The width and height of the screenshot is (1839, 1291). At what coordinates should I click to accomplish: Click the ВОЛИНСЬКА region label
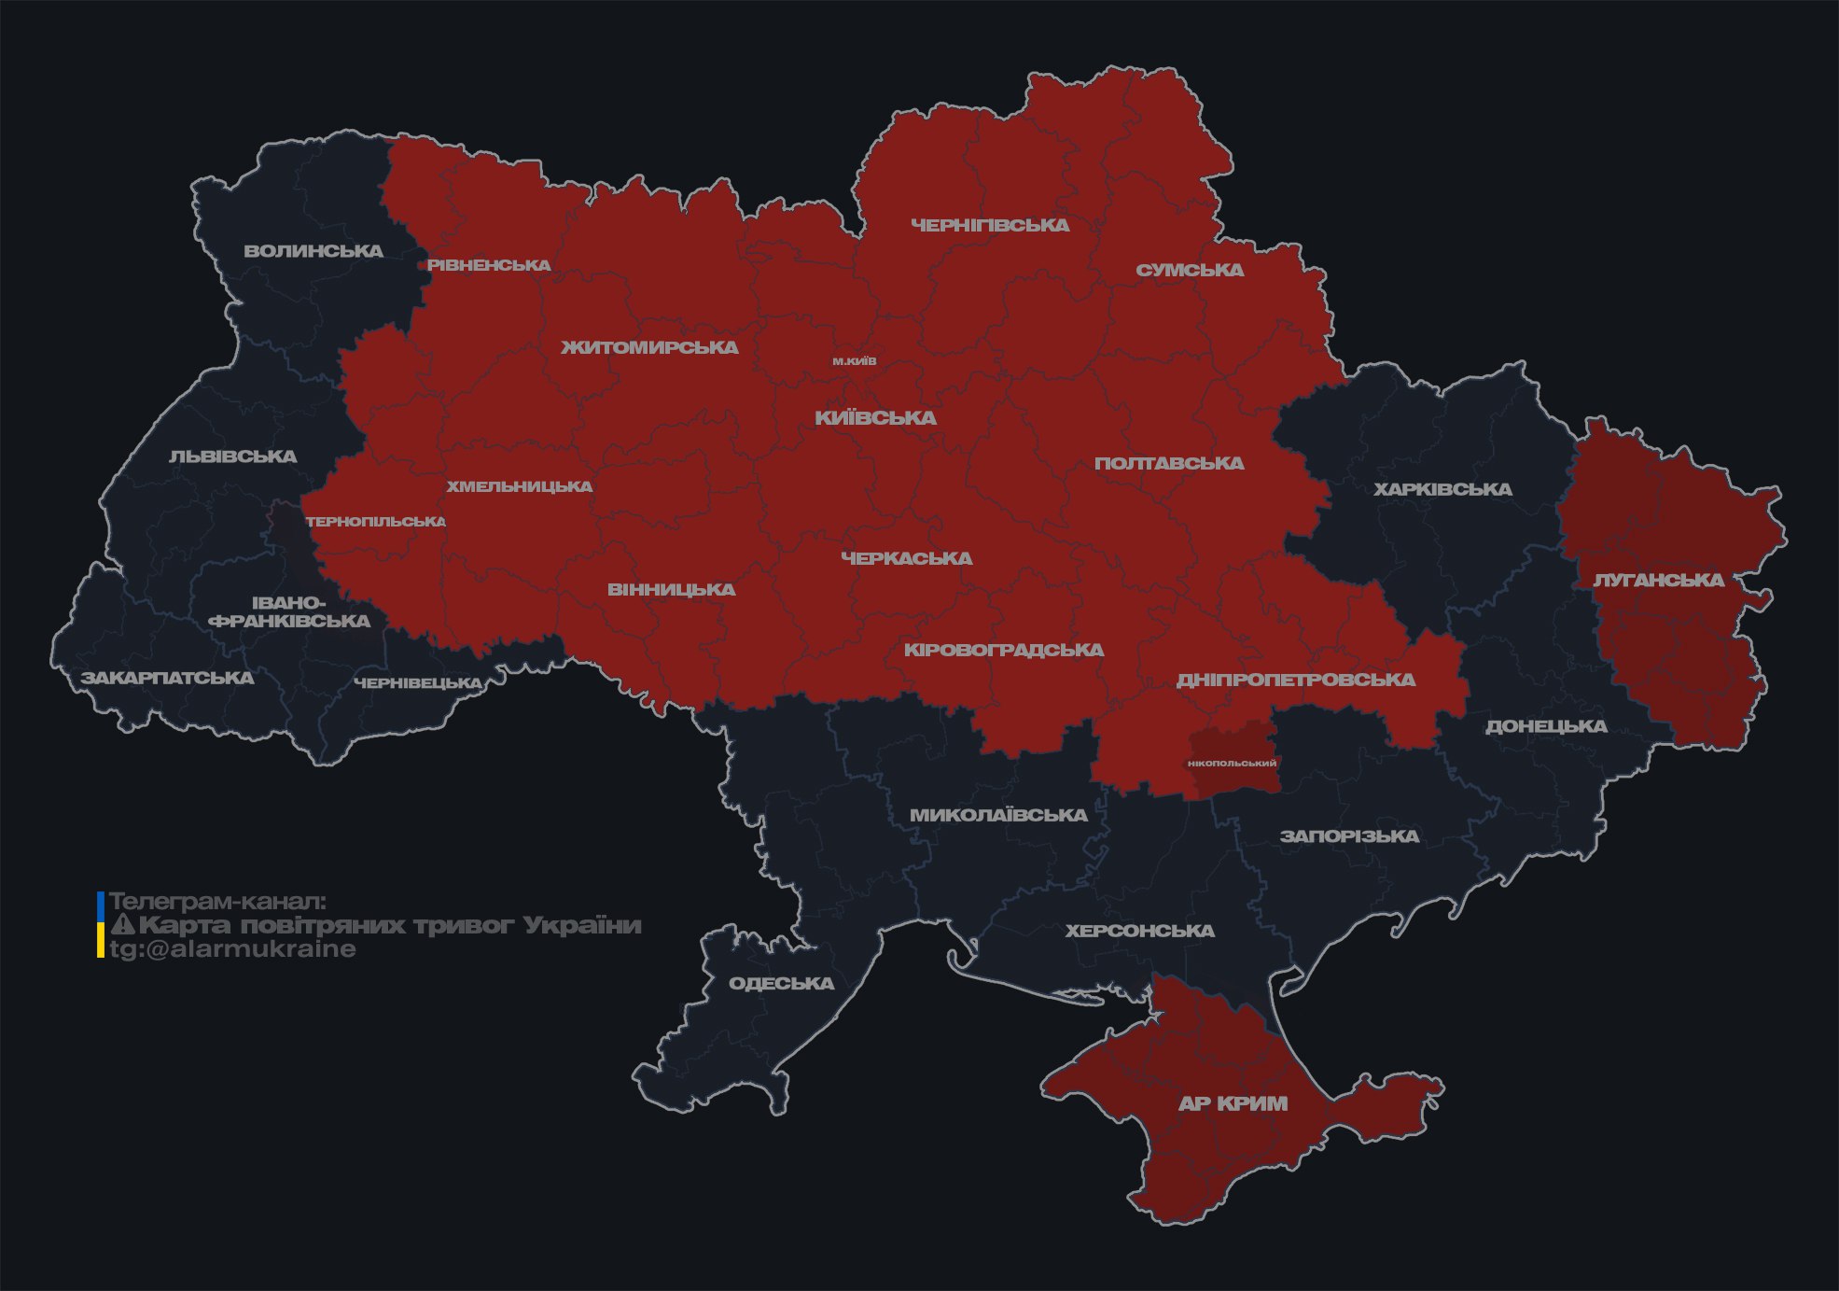(x=313, y=251)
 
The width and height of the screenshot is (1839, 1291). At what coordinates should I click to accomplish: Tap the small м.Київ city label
(x=855, y=361)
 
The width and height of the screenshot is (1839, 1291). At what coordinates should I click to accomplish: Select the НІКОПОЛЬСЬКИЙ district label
(x=1232, y=764)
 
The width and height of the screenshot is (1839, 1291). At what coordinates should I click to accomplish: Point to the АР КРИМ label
(x=1233, y=1103)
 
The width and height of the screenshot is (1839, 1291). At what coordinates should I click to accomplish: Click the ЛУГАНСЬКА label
(x=1658, y=581)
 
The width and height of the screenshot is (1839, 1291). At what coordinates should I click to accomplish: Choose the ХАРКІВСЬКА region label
(x=1442, y=489)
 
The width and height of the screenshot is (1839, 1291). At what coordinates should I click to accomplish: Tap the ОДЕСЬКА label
(x=781, y=983)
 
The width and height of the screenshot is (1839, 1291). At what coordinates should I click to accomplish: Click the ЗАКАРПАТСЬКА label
(x=167, y=678)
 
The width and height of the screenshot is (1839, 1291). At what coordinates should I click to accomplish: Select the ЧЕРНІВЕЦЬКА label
(x=418, y=683)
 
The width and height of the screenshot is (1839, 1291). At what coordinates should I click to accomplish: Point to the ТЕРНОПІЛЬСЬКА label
(x=376, y=522)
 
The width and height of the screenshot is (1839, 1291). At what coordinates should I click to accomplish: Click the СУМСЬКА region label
(x=1190, y=270)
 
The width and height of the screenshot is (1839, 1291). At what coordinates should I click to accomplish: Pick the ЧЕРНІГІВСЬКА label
(x=990, y=225)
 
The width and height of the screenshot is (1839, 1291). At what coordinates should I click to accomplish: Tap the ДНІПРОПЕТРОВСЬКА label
(x=1295, y=680)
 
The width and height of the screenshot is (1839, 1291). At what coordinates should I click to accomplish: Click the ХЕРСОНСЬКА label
(x=1139, y=931)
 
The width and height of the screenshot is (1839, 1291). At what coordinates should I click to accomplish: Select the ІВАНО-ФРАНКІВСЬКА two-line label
(x=289, y=612)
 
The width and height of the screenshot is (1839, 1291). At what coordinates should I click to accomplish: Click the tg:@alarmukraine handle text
(x=232, y=949)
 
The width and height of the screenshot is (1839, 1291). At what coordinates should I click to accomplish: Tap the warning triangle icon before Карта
(x=122, y=925)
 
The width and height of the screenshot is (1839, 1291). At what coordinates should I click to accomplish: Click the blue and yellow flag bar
(x=101, y=925)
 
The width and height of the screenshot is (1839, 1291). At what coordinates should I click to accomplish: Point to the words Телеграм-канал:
(x=217, y=902)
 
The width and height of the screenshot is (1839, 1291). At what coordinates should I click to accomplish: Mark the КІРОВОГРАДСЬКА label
(x=1003, y=650)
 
